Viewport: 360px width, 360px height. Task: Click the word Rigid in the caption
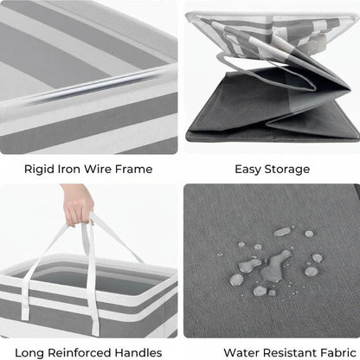39,170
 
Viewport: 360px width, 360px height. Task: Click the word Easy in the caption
248,170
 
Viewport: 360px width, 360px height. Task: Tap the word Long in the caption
29,353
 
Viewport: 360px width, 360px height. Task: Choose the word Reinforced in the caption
80,353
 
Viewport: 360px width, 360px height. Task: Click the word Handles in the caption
138,353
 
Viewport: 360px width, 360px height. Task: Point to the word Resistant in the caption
290,353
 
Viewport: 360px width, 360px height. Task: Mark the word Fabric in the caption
338,353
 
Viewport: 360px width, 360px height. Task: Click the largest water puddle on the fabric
275,266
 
